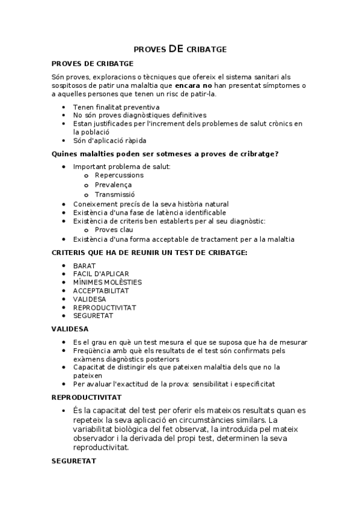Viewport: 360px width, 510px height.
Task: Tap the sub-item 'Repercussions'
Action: coord(119,175)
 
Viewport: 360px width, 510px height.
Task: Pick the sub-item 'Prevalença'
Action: coord(113,185)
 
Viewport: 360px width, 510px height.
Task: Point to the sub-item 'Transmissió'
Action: coord(115,194)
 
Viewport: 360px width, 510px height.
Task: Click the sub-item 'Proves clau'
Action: coord(114,229)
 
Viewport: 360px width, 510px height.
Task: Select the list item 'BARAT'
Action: coord(84,265)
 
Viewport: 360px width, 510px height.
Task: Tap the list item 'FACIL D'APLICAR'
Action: coord(101,274)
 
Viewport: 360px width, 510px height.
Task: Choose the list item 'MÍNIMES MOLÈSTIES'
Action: coord(108,281)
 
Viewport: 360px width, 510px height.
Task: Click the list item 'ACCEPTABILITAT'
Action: coord(101,290)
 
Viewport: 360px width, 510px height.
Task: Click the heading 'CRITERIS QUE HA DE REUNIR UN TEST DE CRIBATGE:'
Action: coord(150,252)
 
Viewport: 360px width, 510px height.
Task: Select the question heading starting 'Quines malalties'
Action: coord(165,154)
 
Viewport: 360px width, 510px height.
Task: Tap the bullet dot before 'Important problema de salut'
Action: coord(65,166)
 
